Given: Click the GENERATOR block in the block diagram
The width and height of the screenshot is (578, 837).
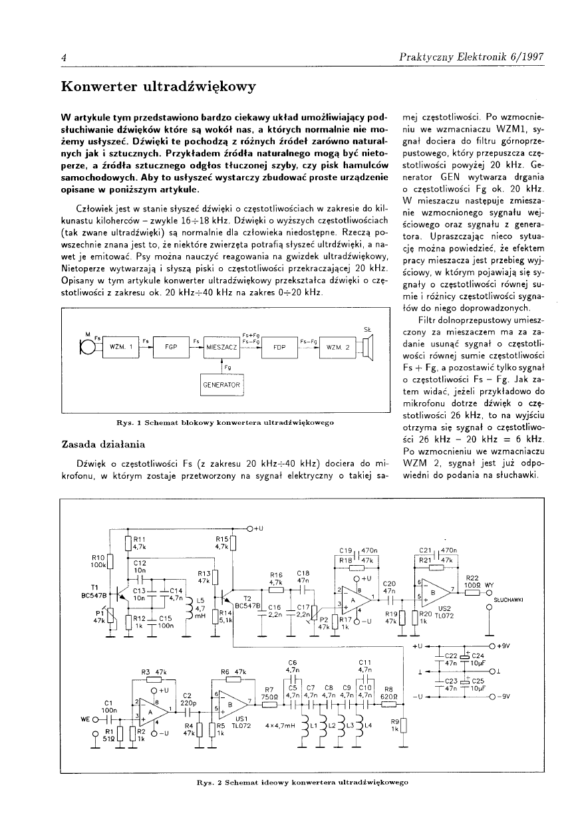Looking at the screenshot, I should tap(222, 385).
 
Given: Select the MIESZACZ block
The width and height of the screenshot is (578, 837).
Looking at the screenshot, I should tap(222, 347).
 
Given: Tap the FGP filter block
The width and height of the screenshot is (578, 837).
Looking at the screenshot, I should tap(170, 347).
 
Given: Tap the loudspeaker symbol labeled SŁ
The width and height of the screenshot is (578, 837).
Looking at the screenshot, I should tap(370, 346).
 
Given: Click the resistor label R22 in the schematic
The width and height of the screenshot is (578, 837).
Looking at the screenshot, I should tap(473, 578).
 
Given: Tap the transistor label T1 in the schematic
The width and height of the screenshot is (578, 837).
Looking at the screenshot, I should tap(94, 588).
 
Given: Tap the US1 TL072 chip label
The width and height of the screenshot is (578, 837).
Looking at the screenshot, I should tap(242, 721).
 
